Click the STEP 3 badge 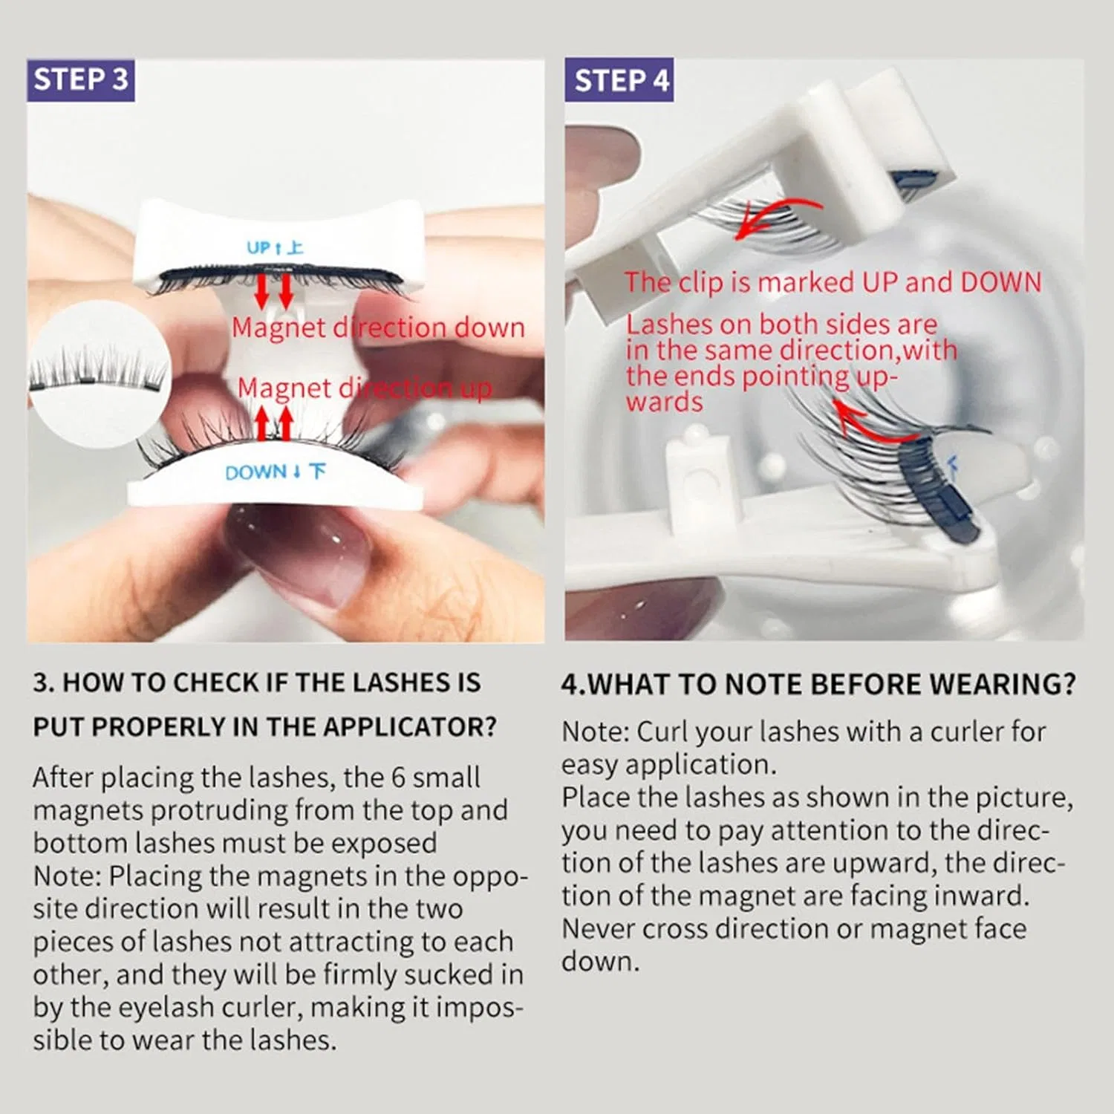[81, 79]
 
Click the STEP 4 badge [619, 79]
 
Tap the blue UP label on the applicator [275, 247]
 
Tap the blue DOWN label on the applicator [275, 472]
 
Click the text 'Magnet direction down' [378, 328]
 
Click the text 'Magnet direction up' [364, 388]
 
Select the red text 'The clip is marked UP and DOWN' [833, 282]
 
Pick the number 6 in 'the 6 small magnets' [398, 777]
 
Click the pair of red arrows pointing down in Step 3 [273, 291]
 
